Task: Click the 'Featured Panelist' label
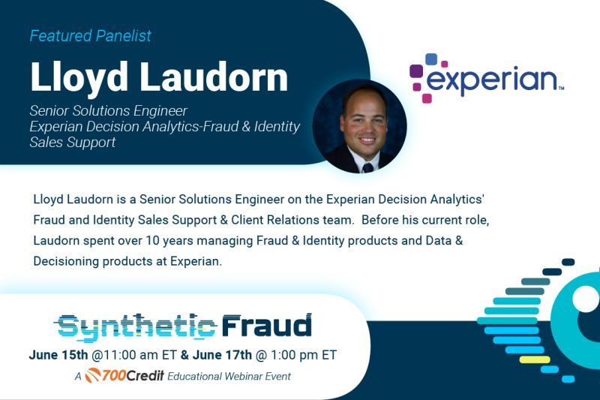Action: (90, 35)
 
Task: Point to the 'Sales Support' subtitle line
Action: (73, 142)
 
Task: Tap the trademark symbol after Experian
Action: (561, 89)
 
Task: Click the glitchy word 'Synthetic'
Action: (136, 326)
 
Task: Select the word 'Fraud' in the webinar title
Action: (266, 326)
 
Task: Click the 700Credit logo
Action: (120, 375)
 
